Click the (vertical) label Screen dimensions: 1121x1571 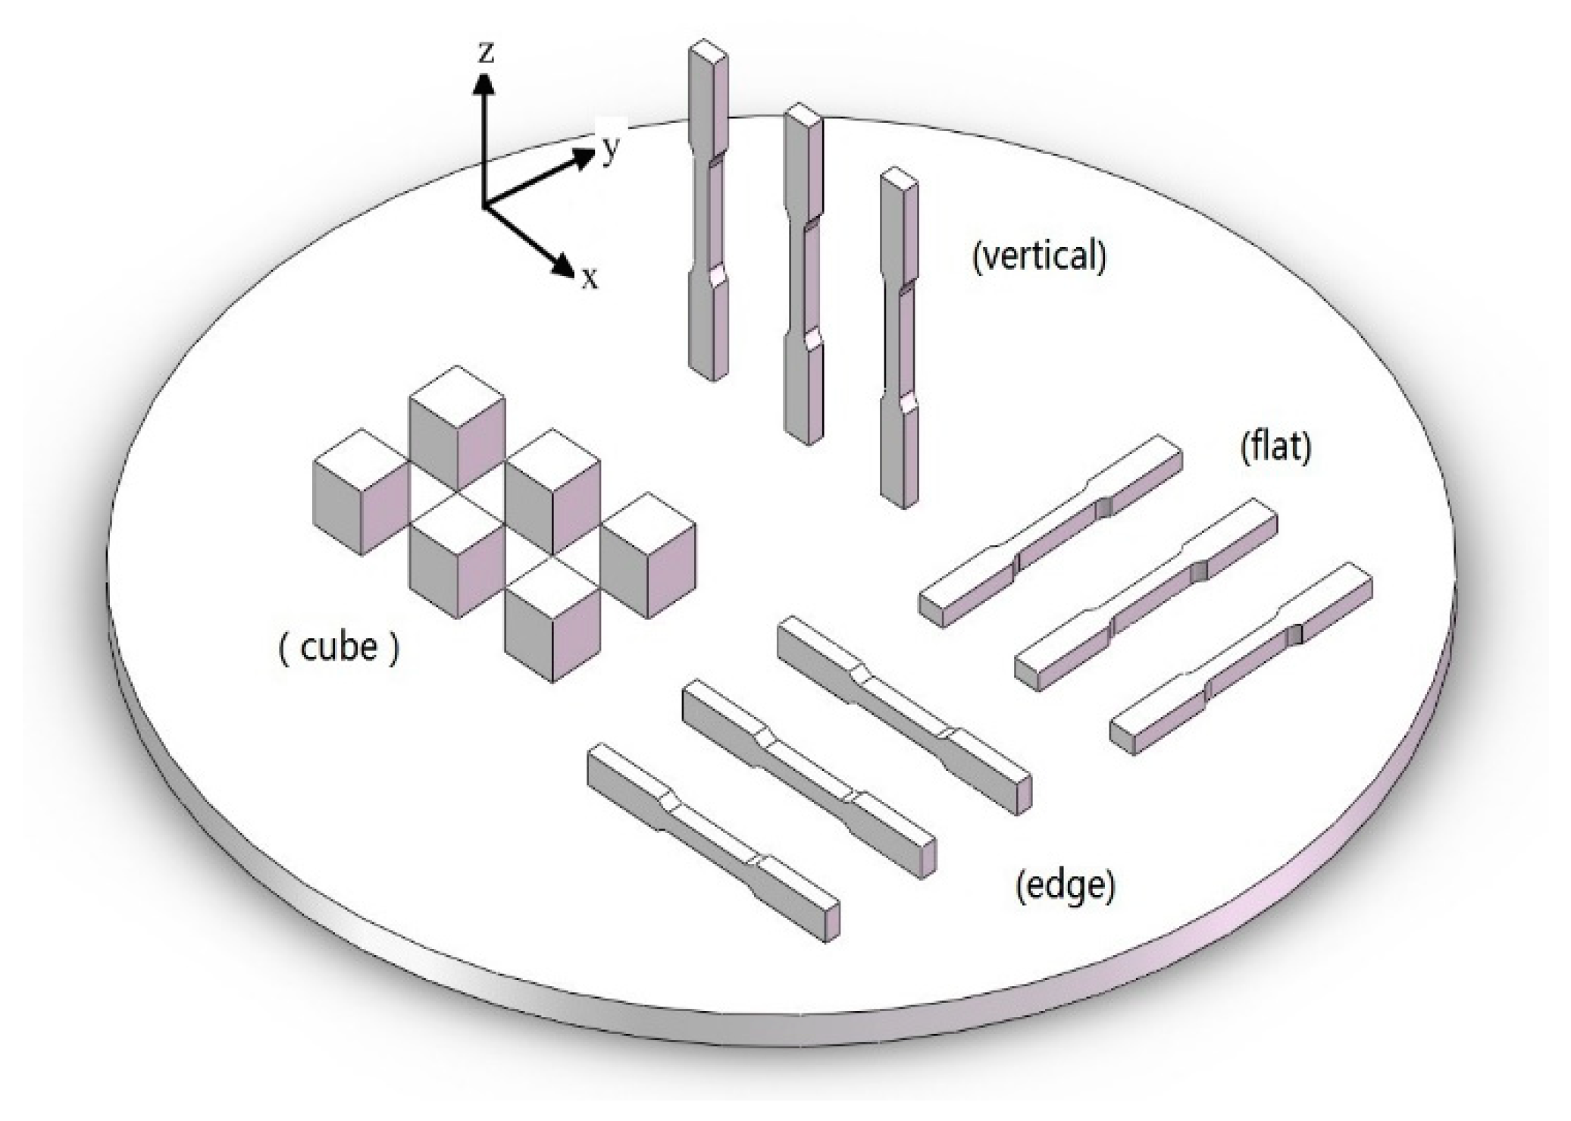point(1039,256)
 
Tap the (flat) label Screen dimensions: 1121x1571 point(1275,446)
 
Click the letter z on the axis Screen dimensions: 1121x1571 point(486,52)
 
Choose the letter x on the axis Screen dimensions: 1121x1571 point(590,279)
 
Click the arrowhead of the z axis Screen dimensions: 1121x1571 point(484,83)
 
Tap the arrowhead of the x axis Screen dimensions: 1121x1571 point(564,265)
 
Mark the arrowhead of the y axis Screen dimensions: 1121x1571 point(584,157)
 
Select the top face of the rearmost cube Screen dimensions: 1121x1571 point(457,392)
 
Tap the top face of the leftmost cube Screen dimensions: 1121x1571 point(361,456)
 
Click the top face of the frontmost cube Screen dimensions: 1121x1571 point(552,584)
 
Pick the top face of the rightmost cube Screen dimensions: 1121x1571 point(648,519)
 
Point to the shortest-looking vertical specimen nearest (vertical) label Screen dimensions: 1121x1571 point(900,341)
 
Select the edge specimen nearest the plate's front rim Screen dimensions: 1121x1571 point(712,841)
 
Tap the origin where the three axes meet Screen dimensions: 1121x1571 point(484,205)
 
